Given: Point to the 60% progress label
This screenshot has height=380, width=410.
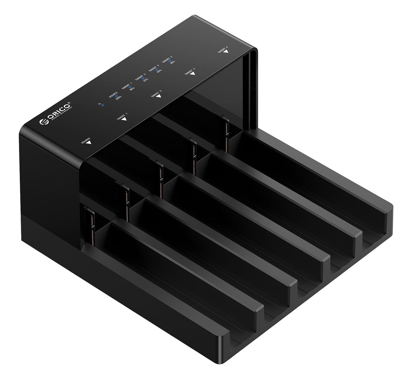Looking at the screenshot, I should (146, 80).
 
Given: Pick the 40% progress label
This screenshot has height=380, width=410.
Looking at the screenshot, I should (159, 71).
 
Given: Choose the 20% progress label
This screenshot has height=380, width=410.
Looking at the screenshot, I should (172, 62).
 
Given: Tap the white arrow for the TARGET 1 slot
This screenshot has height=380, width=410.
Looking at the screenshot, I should (124, 119).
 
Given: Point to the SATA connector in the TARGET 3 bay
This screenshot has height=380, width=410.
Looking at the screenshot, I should (194, 152).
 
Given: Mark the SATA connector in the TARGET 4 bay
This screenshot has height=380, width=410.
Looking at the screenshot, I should (227, 133).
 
